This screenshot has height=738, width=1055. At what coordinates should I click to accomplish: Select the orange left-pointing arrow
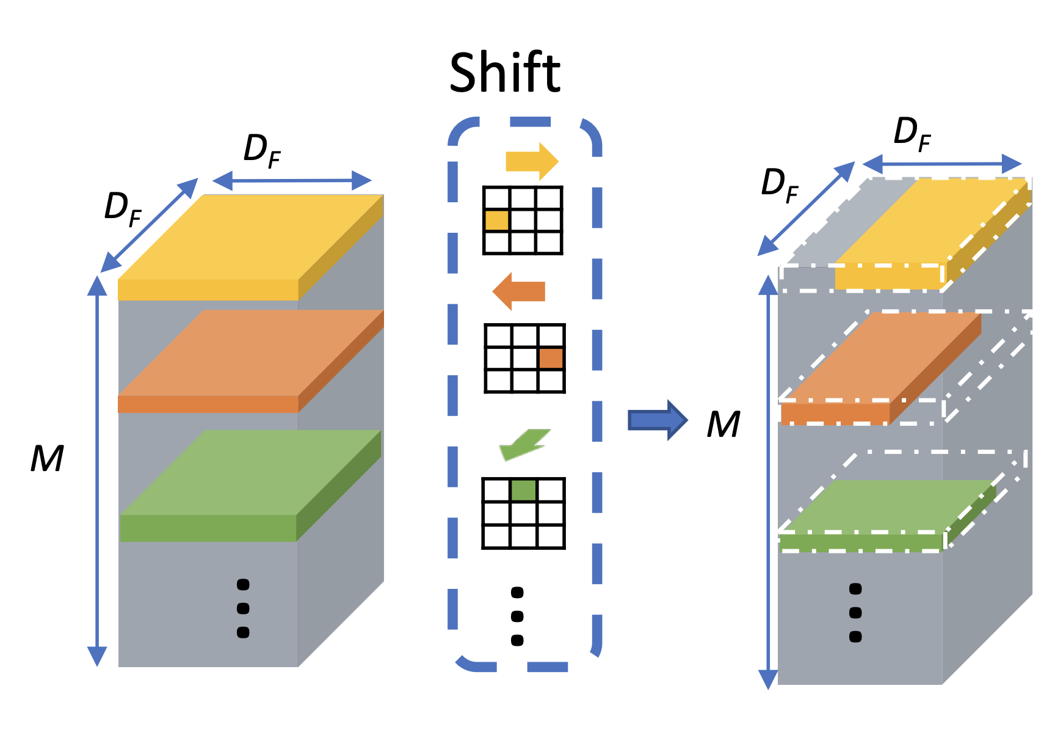[519, 291]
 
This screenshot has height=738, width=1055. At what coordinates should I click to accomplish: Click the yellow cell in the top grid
[496, 220]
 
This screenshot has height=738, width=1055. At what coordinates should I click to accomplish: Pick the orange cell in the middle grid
[551, 358]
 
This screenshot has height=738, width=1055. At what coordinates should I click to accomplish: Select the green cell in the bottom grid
[523, 490]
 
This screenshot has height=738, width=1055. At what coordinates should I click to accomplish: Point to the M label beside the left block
[47, 459]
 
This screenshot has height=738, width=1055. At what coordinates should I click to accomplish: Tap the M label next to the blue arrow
[723, 425]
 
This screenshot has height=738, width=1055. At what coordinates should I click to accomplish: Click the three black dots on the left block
[243, 608]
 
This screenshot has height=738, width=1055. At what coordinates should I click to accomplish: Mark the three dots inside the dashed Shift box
[517, 616]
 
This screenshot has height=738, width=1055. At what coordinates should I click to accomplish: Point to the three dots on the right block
[855, 613]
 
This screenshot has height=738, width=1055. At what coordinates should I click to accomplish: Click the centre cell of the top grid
[523, 220]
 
